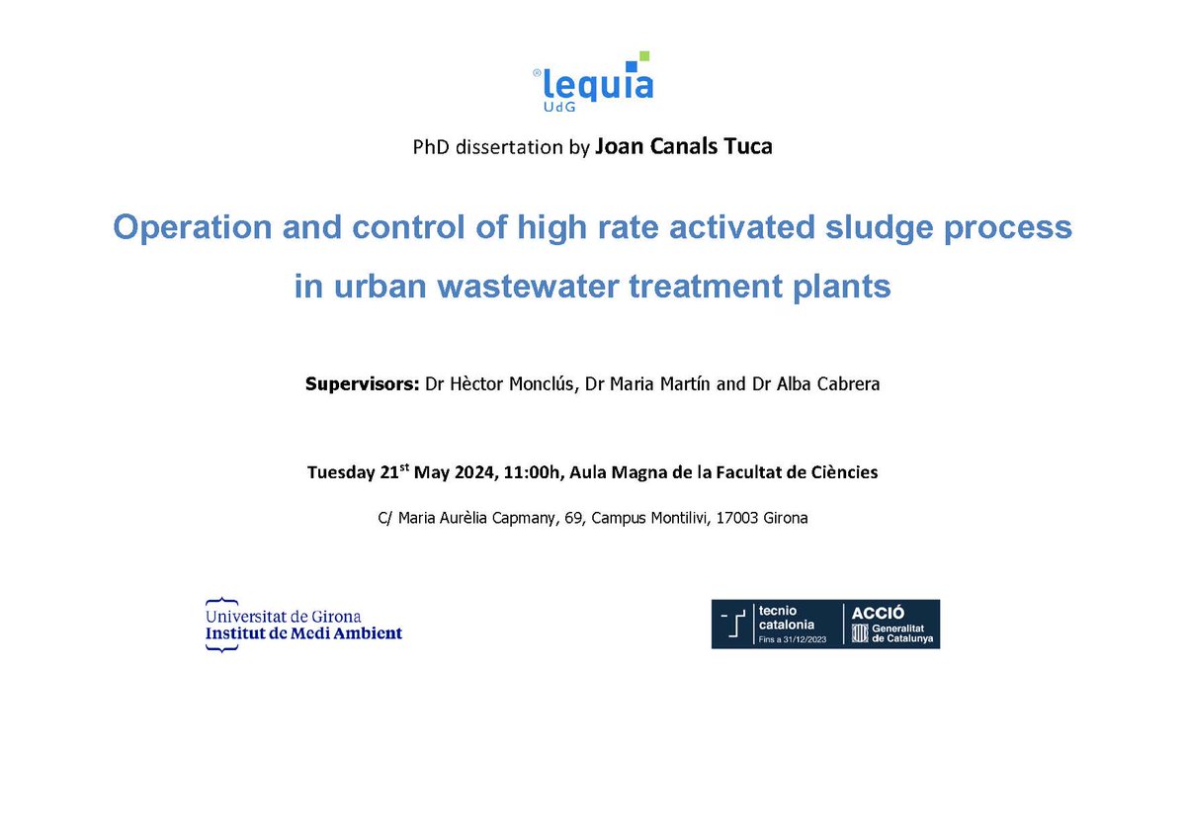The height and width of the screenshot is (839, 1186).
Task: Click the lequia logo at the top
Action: point(593,80)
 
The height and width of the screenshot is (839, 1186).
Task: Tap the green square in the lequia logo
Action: point(644,56)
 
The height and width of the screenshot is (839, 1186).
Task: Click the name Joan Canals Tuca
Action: point(684,147)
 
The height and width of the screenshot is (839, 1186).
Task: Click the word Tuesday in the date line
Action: point(342,472)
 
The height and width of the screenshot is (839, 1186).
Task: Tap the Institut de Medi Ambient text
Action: point(304,633)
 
